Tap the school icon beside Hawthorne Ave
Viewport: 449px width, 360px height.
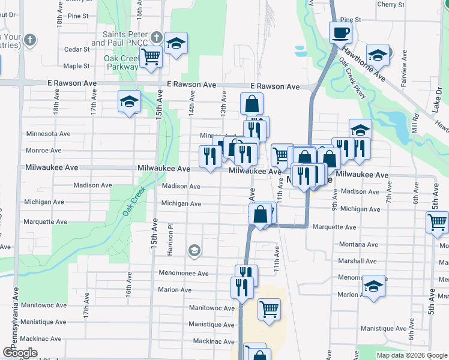[378, 55]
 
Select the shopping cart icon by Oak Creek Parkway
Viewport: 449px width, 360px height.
[151, 57]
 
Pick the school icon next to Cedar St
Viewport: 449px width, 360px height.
[176, 43]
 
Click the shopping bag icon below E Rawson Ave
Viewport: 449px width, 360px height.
[252, 103]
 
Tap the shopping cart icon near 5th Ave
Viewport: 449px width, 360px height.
[437, 222]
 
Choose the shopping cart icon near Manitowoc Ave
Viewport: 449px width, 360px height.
[270, 310]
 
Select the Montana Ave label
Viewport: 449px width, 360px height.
[358, 244]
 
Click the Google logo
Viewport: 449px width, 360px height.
[20, 353]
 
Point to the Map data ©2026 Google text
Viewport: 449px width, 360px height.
[411, 355]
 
